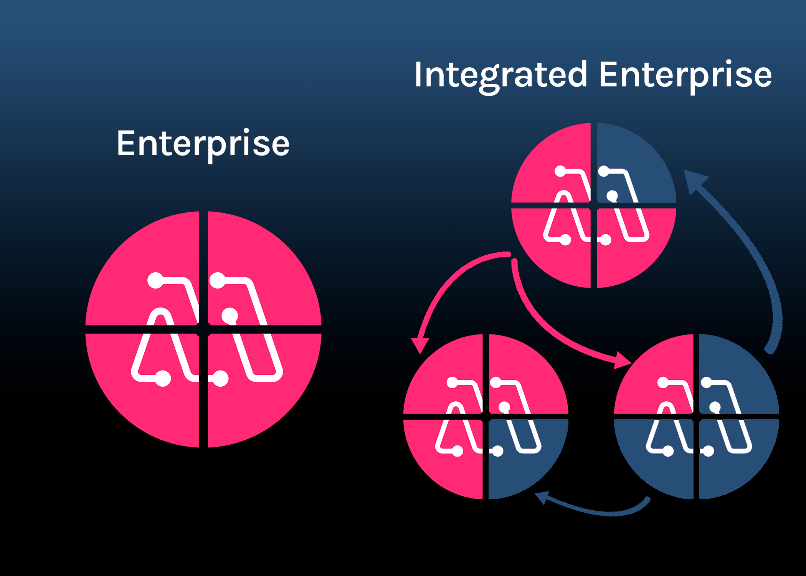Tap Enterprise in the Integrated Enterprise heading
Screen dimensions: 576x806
coord(685,75)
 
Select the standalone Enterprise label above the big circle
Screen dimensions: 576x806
coord(203,144)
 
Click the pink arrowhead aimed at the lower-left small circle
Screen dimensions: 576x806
coord(420,344)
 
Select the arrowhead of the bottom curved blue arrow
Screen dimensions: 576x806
coord(542,497)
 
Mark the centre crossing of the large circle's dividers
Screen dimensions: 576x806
coord(203,329)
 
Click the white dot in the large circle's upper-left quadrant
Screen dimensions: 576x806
coord(155,280)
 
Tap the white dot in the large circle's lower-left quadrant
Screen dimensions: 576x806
coord(163,379)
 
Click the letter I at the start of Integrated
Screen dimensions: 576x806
coord(418,75)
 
